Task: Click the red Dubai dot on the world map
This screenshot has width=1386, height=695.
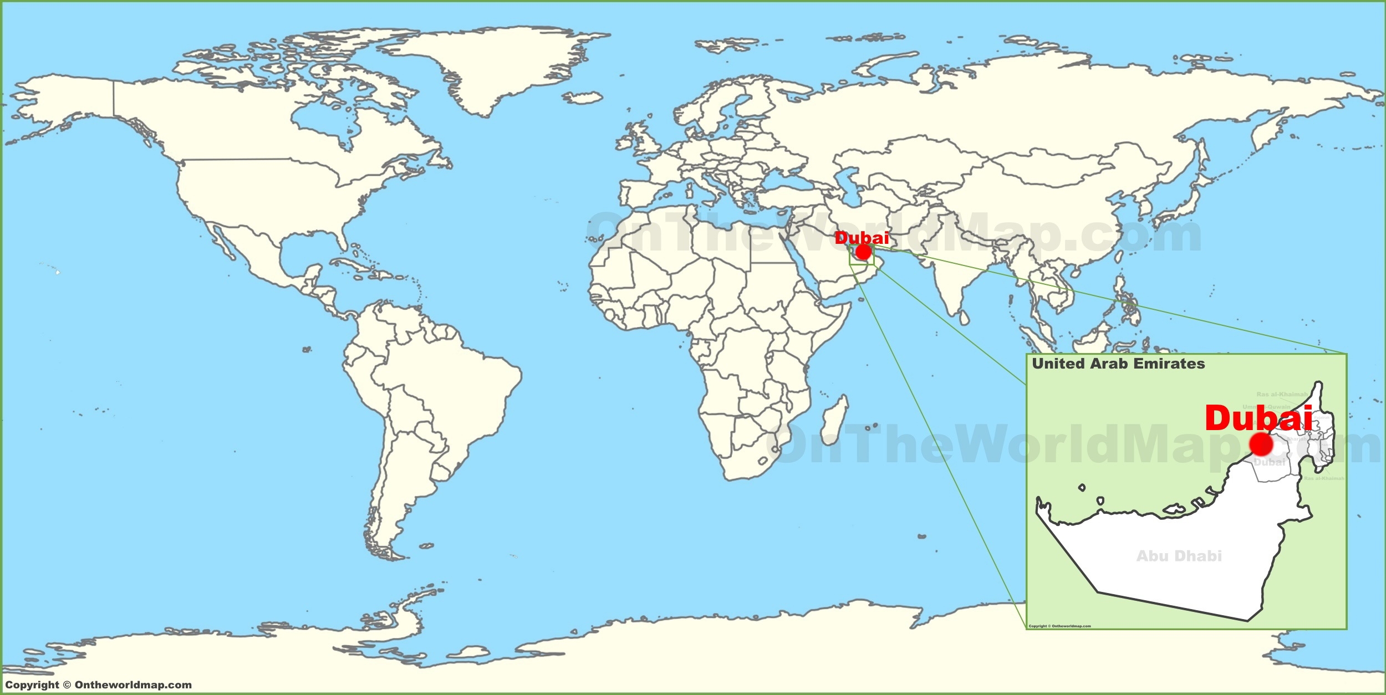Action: (863, 252)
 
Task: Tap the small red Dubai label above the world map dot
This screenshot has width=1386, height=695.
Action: (862, 238)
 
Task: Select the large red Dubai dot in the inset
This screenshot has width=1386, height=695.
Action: (1261, 444)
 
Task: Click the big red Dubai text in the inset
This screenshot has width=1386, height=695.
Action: (1258, 418)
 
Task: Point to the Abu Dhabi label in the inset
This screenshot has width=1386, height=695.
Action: (1179, 555)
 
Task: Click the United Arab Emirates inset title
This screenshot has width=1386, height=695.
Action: (1118, 364)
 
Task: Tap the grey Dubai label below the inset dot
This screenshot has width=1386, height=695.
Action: (1270, 462)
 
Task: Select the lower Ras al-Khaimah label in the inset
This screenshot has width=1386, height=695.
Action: (1324, 478)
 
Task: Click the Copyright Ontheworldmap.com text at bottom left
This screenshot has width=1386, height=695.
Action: (98, 684)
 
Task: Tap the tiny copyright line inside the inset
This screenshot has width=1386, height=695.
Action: (1059, 626)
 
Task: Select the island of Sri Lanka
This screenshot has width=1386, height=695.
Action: (965, 318)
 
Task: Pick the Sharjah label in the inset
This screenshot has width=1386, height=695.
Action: (1297, 439)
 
